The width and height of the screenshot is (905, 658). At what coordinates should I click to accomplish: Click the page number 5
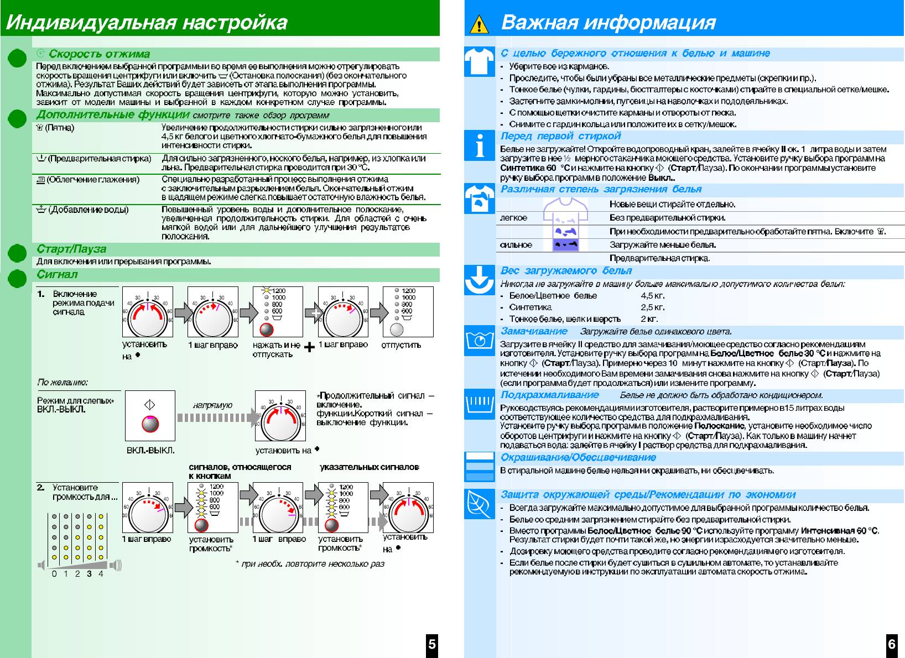coord(432,644)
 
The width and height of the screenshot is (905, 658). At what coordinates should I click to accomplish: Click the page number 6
coord(892,644)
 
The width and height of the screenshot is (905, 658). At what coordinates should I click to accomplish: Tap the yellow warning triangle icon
coord(478,25)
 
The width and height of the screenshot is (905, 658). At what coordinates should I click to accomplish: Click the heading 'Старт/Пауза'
coord(71,249)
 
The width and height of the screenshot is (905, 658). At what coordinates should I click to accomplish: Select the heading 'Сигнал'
coord(57,274)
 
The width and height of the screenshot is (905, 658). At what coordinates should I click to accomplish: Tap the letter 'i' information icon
coord(479,145)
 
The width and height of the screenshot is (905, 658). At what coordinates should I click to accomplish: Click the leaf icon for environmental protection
coord(479,503)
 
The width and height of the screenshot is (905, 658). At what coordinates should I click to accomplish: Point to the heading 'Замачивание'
coord(534,331)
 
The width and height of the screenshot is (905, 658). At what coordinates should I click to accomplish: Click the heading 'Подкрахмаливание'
coord(549,395)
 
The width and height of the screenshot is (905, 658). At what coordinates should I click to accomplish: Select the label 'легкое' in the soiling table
coord(513,218)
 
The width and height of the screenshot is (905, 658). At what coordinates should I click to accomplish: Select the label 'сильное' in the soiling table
coord(516,245)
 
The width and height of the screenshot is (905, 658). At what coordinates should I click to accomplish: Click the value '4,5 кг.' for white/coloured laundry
coord(653,296)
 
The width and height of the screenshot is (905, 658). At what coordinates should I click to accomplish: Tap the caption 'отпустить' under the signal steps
coord(401,345)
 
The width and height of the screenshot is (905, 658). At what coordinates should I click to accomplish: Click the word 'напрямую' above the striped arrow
coord(213,405)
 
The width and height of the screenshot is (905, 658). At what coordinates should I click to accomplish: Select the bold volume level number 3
coord(89,574)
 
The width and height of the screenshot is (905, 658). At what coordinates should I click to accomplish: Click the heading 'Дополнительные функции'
coord(113,115)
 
